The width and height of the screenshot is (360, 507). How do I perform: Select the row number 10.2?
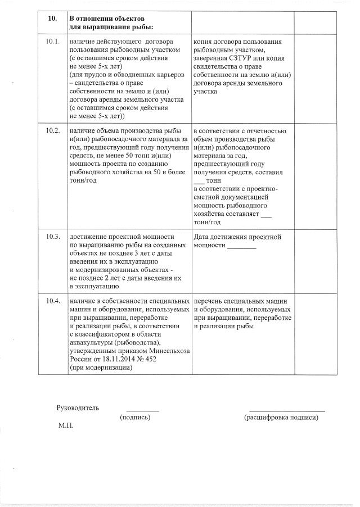click(52, 131)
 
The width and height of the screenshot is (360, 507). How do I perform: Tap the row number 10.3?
click(52, 237)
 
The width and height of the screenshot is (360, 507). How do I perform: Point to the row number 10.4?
click(52, 301)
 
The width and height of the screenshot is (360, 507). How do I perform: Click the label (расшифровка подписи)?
click(281, 418)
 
